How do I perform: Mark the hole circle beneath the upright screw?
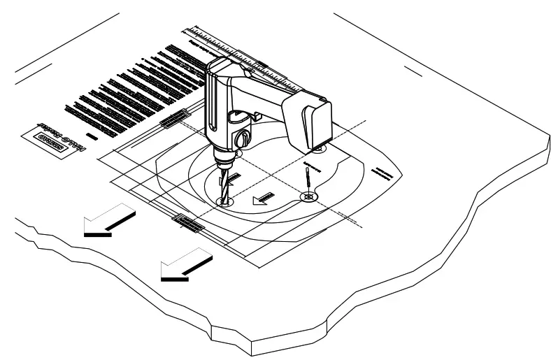tap(307, 198)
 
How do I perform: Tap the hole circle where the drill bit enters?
tap(223, 201)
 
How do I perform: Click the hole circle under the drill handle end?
tap(319, 148)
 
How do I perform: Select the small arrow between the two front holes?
tap(263, 199)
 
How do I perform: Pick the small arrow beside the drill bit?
tap(235, 180)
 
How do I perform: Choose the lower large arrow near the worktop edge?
tap(185, 266)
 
